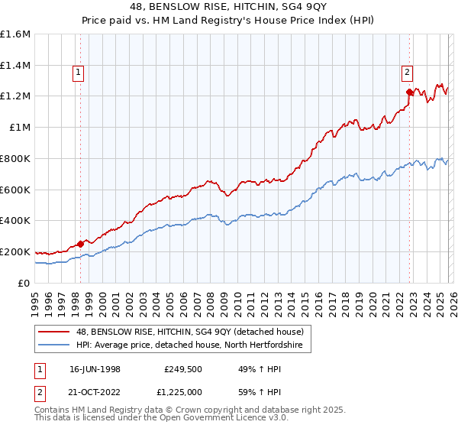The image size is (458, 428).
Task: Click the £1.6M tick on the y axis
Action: coord(15,34)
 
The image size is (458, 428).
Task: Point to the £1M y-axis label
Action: coord(19,128)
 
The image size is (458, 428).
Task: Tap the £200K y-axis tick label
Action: coord(15,251)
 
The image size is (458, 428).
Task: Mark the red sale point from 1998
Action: coord(81,244)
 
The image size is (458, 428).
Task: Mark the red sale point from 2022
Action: coord(410,92)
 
